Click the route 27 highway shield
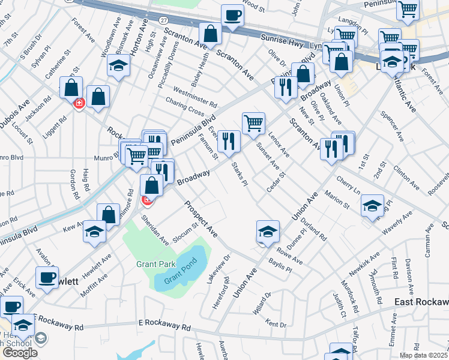(163, 20)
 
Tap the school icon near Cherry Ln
(373, 206)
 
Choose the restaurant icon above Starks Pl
(229, 142)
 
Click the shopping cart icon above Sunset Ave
(254, 124)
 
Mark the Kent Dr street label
(276, 325)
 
